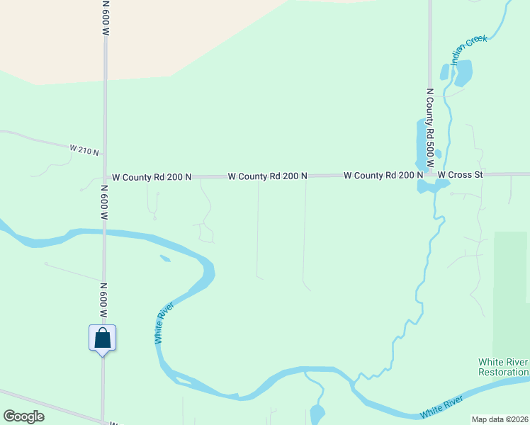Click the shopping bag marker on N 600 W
[x=102, y=338]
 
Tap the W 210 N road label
[x=84, y=149]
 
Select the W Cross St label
[x=459, y=174]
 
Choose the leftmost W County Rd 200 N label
[x=149, y=177]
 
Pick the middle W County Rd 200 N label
[x=267, y=176]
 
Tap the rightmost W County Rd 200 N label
[x=383, y=175]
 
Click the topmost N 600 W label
[x=106, y=18]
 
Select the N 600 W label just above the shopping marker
[x=103, y=300]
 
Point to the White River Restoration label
[x=504, y=367]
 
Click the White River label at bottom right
[x=441, y=408]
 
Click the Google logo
[x=23, y=416]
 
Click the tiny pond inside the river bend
[x=165, y=259]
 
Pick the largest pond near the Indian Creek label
[x=463, y=72]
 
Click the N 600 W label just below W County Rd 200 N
[x=103, y=204]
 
